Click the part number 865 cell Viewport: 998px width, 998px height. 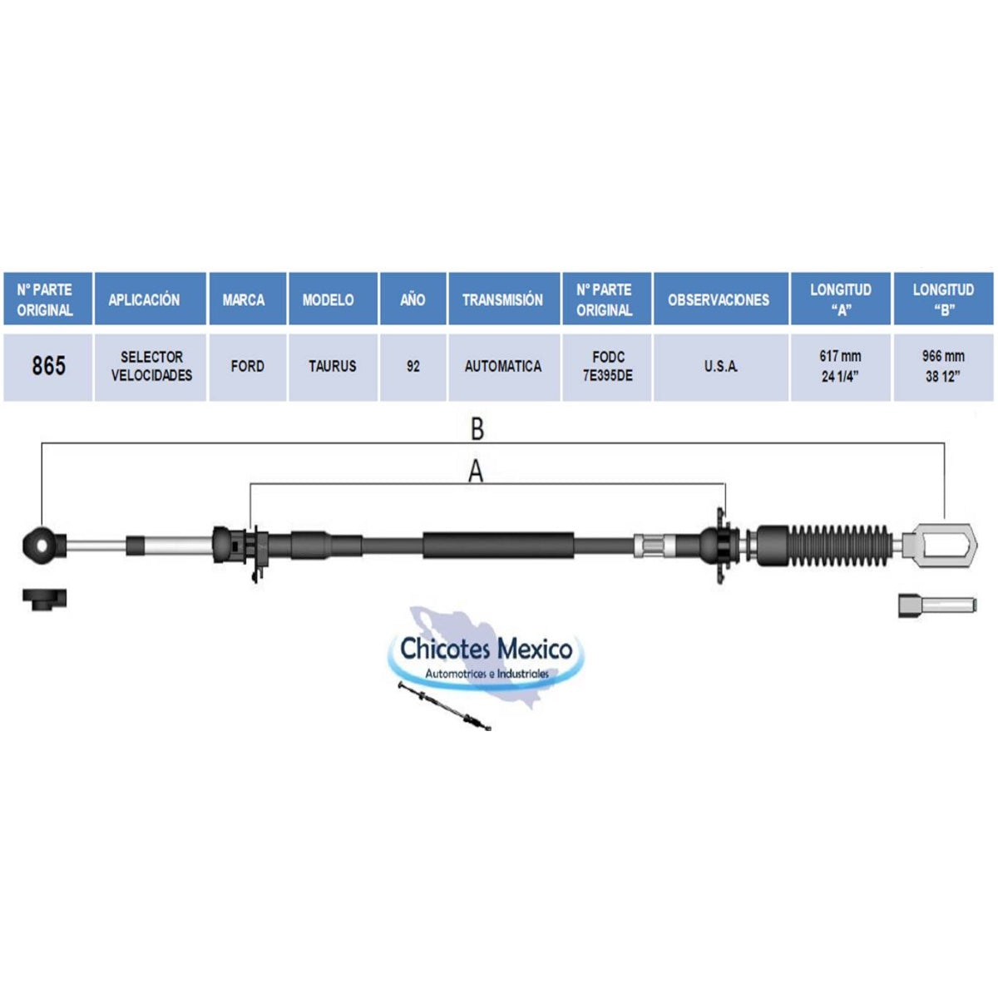48,366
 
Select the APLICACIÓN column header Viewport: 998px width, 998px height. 151,299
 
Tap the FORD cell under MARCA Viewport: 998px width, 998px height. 248,366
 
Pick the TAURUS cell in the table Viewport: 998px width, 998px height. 333,366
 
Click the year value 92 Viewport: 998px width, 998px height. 413,366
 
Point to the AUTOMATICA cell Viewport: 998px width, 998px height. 503,366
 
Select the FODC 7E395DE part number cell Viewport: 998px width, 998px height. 607,366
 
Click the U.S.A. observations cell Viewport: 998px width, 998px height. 721,366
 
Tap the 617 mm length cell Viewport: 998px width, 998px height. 841,366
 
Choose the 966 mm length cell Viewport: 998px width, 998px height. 944,366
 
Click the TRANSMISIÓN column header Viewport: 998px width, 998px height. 503,299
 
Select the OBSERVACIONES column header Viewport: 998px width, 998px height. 721,299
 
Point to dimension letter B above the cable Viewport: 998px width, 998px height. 477,429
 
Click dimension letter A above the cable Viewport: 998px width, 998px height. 476,472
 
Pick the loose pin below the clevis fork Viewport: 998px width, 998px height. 937,605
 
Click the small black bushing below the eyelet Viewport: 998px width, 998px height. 45,599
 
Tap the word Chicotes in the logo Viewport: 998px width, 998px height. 442,650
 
